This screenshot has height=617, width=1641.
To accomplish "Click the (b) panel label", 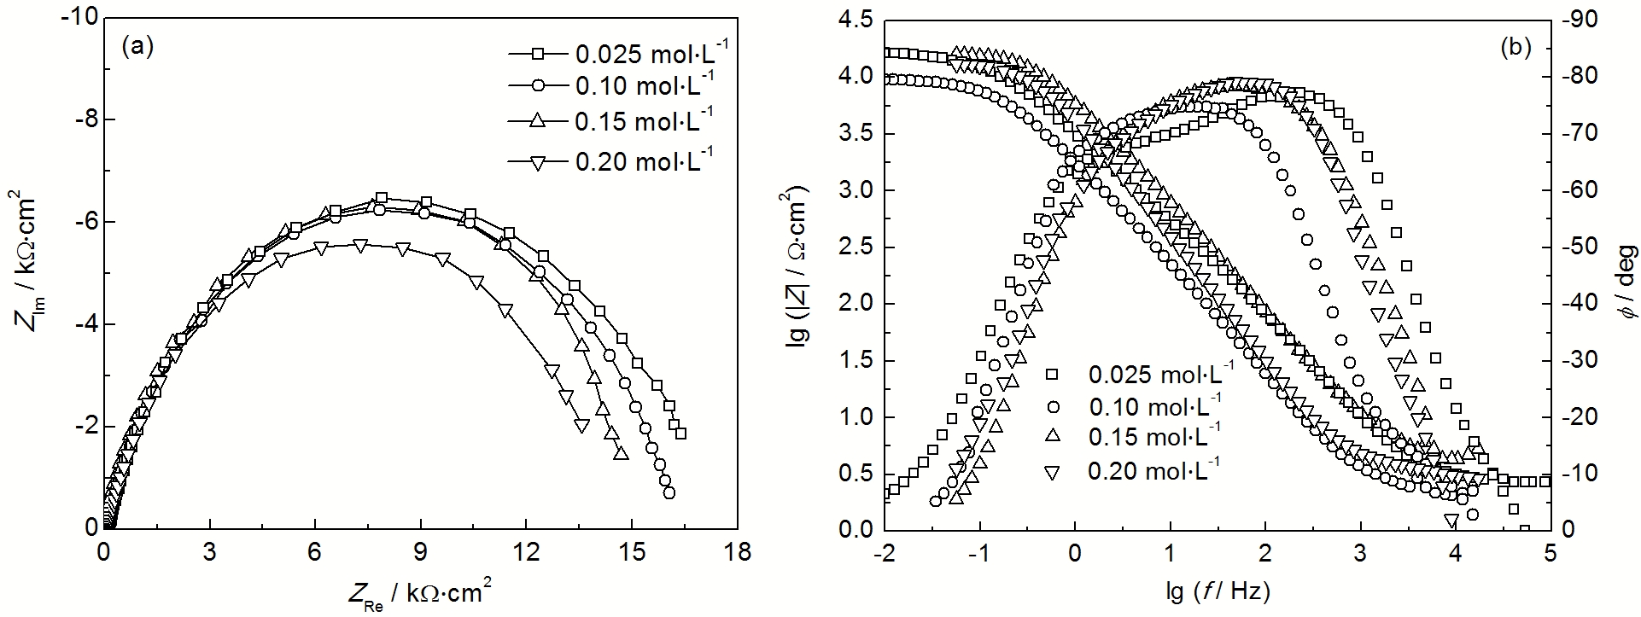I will [1515, 48].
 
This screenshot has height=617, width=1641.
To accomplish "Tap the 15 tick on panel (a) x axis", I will [632, 552].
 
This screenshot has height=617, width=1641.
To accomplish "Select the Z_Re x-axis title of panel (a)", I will [419, 594].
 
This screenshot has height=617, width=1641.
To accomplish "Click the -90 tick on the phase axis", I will [1586, 20].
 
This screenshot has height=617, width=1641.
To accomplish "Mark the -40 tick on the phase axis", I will [1586, 303].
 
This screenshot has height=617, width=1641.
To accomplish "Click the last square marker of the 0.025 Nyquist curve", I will [680, 434].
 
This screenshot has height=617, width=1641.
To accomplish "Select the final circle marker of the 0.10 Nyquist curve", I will [669, 492].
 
